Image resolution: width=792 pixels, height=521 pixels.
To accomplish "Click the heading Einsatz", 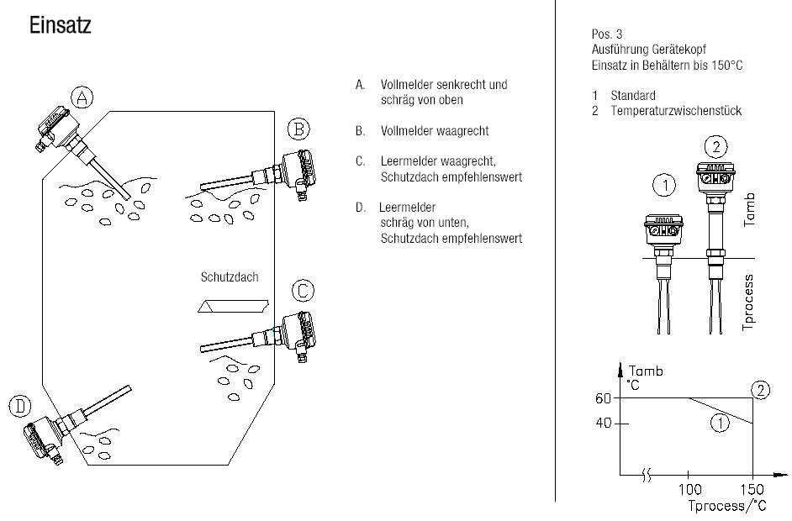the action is (60, 25).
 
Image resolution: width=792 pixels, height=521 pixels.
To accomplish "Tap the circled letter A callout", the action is (82, 97).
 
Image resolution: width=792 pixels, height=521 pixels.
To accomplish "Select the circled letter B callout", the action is (298, 129).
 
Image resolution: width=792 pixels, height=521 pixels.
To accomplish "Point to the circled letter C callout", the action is (303, 291).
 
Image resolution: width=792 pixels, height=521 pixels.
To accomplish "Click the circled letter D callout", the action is (19, 407).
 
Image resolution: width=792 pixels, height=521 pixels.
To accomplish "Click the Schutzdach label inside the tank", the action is (230, 277).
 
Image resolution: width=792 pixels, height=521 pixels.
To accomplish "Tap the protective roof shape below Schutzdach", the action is (233, 306).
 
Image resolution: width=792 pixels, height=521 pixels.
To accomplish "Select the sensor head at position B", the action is (298, 174).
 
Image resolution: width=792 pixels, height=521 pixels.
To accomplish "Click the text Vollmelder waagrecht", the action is (435, 131).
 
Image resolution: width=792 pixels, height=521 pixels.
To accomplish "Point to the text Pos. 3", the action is (607, 34).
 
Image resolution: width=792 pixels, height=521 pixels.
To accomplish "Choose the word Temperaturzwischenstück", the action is (676, 111).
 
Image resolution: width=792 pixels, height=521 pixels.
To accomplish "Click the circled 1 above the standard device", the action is (664, 185).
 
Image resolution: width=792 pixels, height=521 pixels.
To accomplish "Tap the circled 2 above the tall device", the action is (715, 147).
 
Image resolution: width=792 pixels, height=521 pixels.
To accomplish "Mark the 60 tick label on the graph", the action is (603, 399).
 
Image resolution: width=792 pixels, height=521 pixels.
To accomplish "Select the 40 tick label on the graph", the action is (603, 423).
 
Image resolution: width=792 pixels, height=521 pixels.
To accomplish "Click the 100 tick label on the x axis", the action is (689, 489).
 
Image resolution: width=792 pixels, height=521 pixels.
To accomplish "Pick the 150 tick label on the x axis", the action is (752, 489).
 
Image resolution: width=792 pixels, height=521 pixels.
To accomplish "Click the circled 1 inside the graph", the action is (720, 423).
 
